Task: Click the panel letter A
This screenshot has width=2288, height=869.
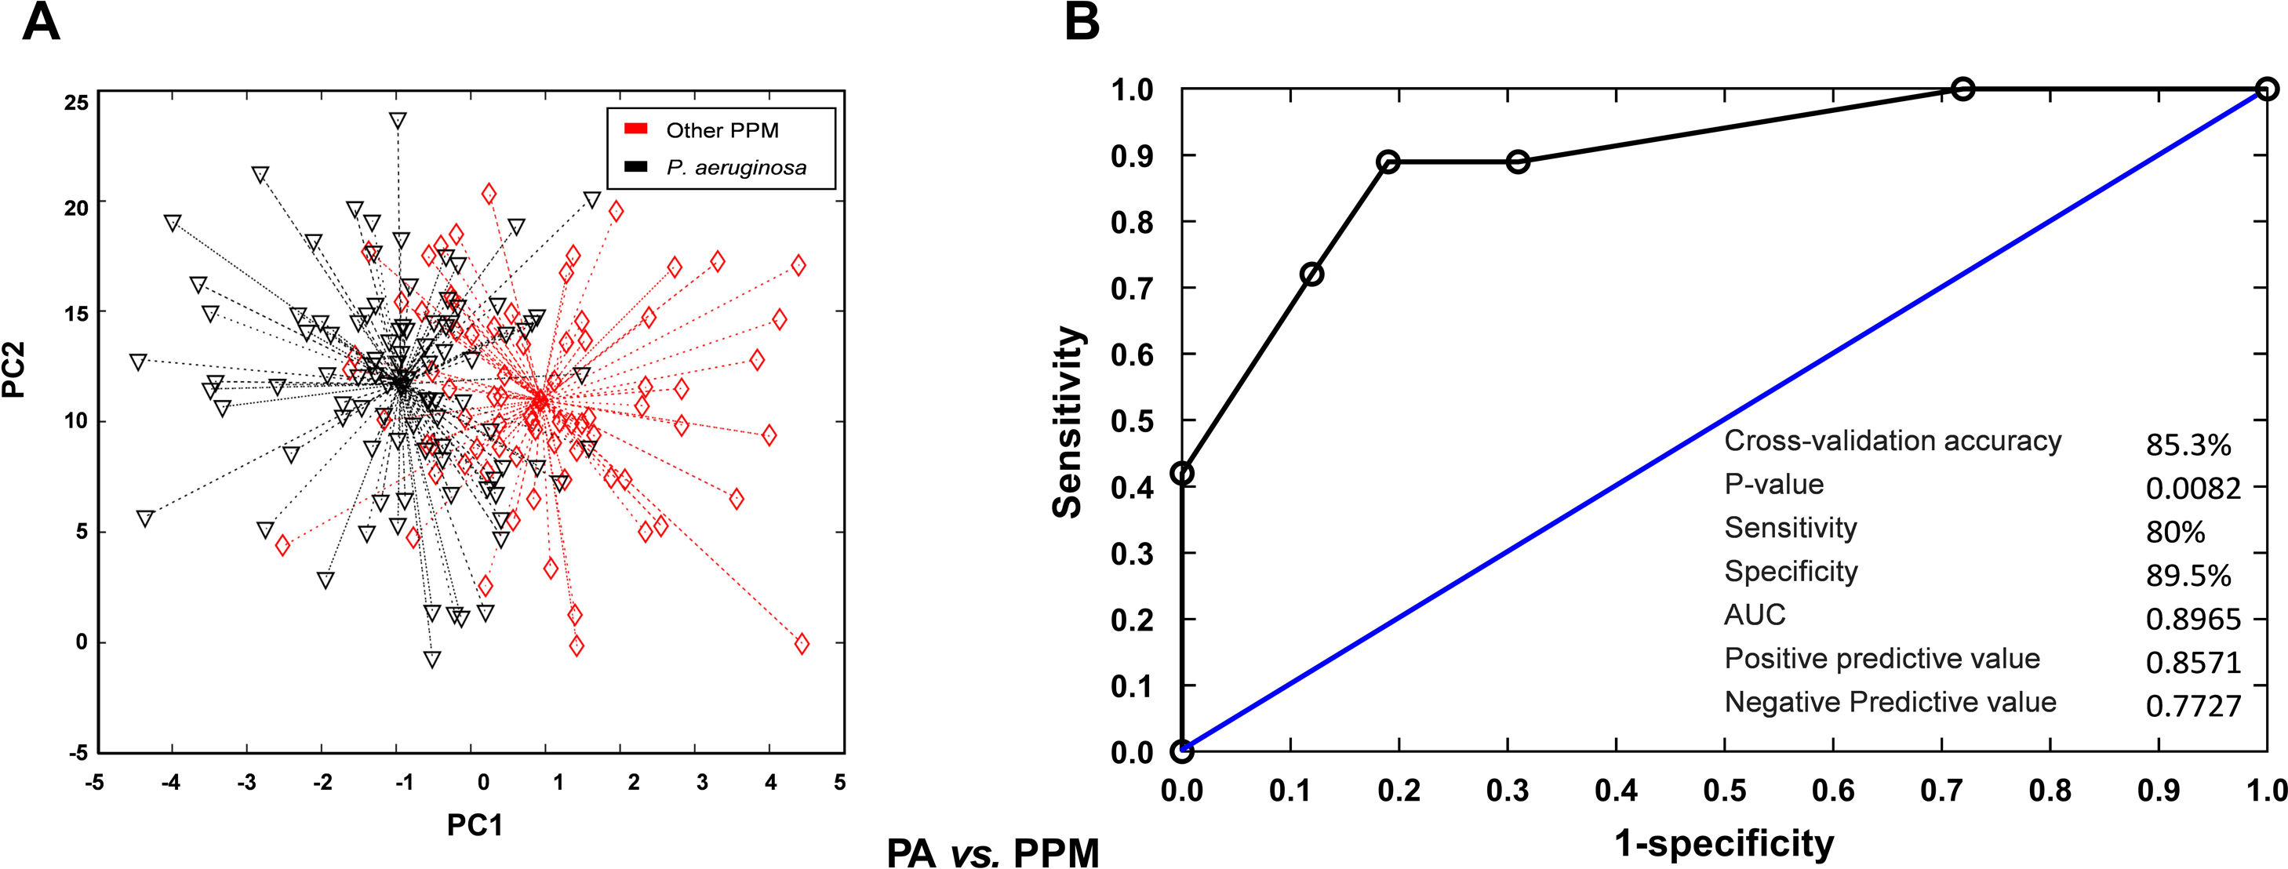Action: point(41,21)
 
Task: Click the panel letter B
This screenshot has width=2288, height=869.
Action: point(1081,21)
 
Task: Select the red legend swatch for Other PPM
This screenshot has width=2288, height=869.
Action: point(635,129)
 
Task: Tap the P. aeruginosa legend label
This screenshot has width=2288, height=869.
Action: point(737,167)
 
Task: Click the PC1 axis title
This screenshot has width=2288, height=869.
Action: point(475,824)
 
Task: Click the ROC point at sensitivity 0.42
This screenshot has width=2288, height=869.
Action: point(1181,473)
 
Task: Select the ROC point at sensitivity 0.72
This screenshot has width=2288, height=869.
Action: point(1311,275)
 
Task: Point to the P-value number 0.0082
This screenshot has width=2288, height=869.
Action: point(2193,488)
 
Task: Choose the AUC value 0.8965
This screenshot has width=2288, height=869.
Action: point(2193,619)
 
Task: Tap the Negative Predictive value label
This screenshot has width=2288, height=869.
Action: point(1890,702)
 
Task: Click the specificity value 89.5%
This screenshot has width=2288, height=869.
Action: point(2188,575)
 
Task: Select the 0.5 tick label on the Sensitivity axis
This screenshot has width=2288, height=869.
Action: point(1131,420)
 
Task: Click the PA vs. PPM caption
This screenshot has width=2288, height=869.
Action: point(992,851)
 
